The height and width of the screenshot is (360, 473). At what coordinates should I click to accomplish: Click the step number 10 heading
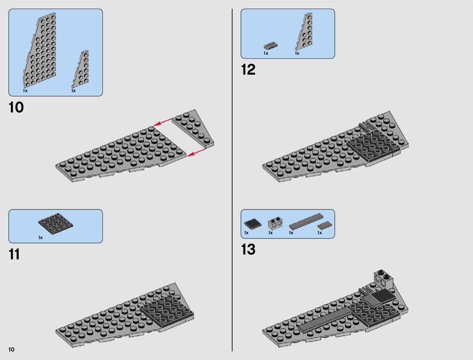[x=16, y=108]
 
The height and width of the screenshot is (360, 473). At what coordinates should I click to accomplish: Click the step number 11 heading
[x=14, y=254]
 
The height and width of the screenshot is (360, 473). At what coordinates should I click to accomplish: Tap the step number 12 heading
[x=248, y=70]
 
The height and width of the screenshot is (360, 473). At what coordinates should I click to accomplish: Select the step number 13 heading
[x=248, y=250]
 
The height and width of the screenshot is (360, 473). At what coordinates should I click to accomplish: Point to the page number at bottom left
[x=11, y=350]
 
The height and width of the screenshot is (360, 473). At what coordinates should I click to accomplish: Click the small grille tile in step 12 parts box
[x=271, y=46]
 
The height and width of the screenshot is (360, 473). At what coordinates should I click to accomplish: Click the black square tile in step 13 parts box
[x=253, y=224]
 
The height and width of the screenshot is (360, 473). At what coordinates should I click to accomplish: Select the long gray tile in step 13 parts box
[x=306, y=222]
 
